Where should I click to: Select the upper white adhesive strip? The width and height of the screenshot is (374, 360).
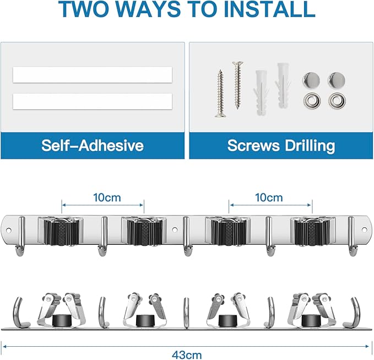(91, 74)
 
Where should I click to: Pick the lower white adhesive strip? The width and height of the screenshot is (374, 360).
(91, 101)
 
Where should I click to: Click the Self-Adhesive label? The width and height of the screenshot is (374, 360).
(92, 146)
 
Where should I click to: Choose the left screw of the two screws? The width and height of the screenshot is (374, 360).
(219, 93)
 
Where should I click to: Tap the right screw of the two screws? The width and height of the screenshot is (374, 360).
(237, 85)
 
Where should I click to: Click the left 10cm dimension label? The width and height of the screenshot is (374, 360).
(102, 197)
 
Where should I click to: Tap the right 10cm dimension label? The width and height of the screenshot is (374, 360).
(270, 197)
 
